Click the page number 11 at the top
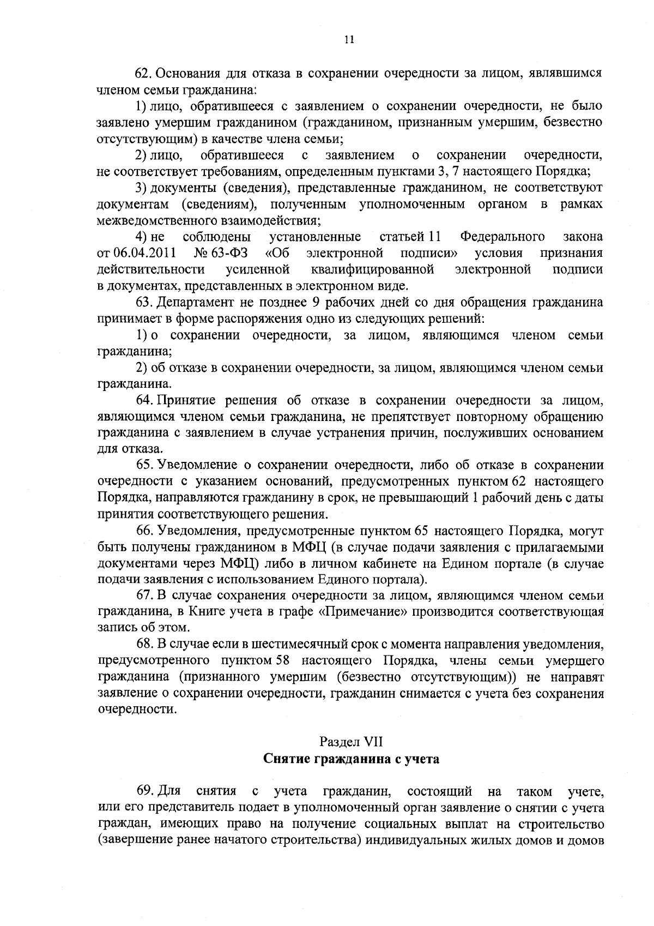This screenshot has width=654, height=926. point(349,39)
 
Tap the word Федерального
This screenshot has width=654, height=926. point(502,237)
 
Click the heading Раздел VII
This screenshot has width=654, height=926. point(352,742)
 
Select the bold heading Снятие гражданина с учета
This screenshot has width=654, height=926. point(352,759)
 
